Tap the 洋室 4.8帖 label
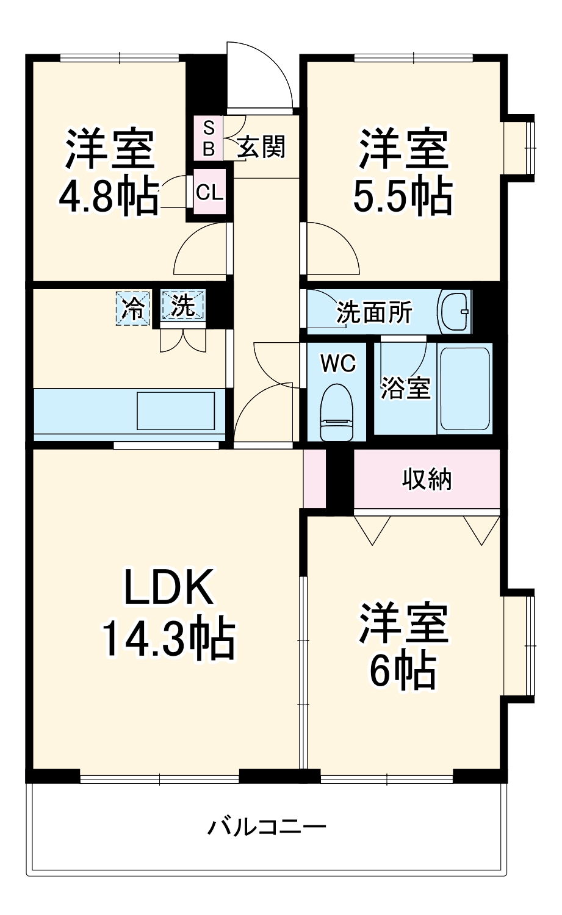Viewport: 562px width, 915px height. click(110, 172)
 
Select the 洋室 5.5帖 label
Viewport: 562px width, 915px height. click(403, 172)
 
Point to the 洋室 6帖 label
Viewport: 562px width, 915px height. click(403, 647)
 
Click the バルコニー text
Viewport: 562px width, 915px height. click(267, 827)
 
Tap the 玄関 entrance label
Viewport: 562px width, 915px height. click(261, 146)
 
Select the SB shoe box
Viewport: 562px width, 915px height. click(209, 138)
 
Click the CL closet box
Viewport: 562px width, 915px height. click(209, 193)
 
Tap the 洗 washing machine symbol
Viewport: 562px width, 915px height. click(183, 306)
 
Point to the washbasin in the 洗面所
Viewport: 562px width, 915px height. click(455, 312)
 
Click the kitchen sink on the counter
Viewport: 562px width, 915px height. click(176, 411)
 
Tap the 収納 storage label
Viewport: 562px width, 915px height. click(427, 479)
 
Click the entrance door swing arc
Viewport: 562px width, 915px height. click(259, 76)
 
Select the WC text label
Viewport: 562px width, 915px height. click(338, 364)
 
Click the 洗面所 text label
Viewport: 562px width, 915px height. click(375, 313)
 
